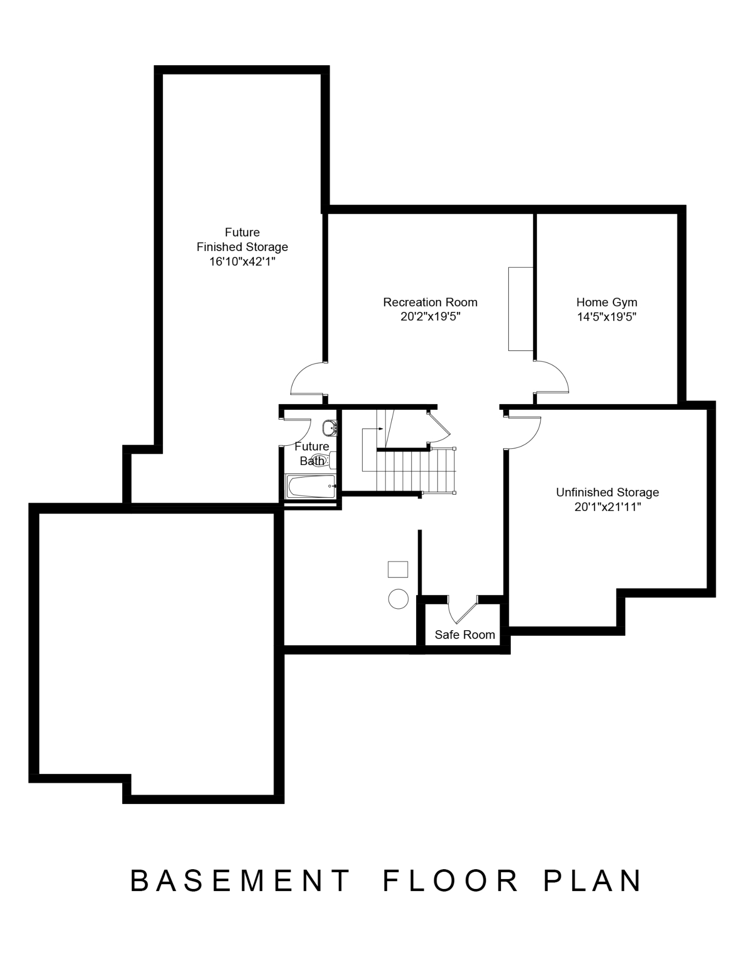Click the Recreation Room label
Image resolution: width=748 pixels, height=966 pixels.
pyautogui.click(x=430, y=302)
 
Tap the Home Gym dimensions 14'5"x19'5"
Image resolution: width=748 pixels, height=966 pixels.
pyautogui.click(x=607, y=317)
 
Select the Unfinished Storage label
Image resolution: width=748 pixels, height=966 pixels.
pyautogui.click(x=608, y=492)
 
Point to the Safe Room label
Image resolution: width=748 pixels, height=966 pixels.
pyautogui.click(x=465, y=635)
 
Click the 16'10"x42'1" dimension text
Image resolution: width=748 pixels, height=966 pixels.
pyautogui.click(x=242, y=261)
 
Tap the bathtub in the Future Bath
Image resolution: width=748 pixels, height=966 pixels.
pyautogui.click(x=311, y=486)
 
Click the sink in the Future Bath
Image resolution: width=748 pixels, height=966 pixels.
pyautogui.click(x=330, y=428)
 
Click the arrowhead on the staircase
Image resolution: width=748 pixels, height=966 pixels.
pyautogui.click(x=381, y=429)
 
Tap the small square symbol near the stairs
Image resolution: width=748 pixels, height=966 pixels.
pyautogui.click(x=398, y=569)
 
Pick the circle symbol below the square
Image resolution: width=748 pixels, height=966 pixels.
pyautogui.click(x=398, y=598)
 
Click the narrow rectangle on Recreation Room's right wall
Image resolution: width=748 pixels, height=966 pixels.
pyautogui.click(x=521, y=309)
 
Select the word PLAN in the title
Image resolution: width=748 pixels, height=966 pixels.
pyautogui.click(x=593, y=881)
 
